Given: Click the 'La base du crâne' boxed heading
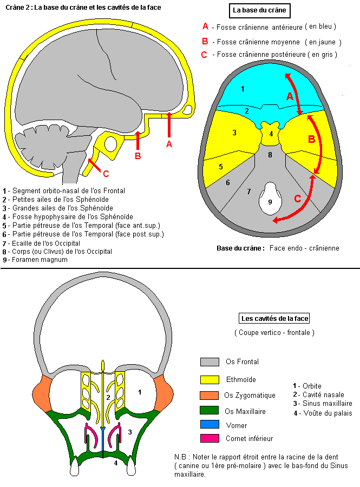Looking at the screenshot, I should tap(259, 10).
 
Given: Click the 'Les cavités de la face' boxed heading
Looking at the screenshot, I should tap(274, 319).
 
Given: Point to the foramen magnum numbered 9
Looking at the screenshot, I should tap(270, 202).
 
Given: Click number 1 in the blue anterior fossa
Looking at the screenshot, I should tap(243, 88).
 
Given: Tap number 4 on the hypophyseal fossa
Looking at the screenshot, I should tap(271, 133).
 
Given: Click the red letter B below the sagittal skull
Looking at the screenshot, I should tap(138, 156).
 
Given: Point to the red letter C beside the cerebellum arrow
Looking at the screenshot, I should tap(106, 174).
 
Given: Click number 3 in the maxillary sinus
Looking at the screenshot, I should tap(129, 432).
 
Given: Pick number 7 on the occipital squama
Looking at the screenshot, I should tap(248, 191).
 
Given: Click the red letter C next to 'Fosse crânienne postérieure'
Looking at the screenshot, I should tap(204, 55).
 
